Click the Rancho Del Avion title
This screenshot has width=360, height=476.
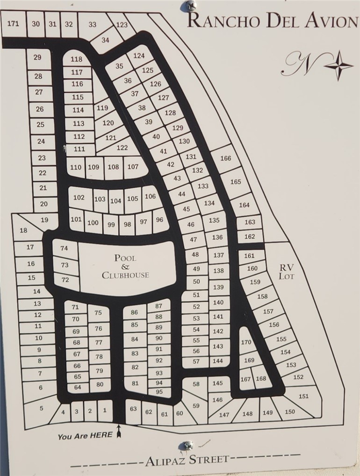pyautogui.click(x=272, y=21)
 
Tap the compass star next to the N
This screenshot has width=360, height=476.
pyautogui.click(x=338, y=65)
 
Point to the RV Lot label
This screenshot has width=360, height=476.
pyautogui.click(x=286, y=271)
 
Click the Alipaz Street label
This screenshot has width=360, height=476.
pyautogui.click(x=187, y=460)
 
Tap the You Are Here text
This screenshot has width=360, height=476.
pyautogui.click(x=85, y=436)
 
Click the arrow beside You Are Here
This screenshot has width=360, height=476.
pyautogui.click(x=119, y=433)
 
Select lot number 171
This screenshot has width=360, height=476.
pyautogui.click(x=14, y=23)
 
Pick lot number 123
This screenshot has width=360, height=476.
pyautogui.click(x=122, y=25)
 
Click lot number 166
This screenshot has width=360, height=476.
pyautogui.click(x=225, y=158)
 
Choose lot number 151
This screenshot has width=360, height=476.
pyautogui.click(x=304, y=396)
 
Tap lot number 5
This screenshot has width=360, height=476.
pyautogui.click(x=41, y=408)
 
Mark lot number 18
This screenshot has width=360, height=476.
pyautogui.click(x=23, y=230)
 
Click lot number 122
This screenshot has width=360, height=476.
pyautogui.click(x=122, y=148)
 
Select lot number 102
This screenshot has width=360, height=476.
pyautogui.click(x=79, y=197)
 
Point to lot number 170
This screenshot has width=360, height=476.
pyautogui.click(x=246, y=342)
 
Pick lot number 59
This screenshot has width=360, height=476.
pyautogui.click(x=196, y=405)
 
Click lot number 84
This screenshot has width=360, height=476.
pyautogui.click(x=135, y=339)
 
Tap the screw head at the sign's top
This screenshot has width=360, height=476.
pyautogui.click(x=190, y=6)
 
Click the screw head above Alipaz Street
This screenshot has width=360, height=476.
pyautogui.click(x=188, y=445)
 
